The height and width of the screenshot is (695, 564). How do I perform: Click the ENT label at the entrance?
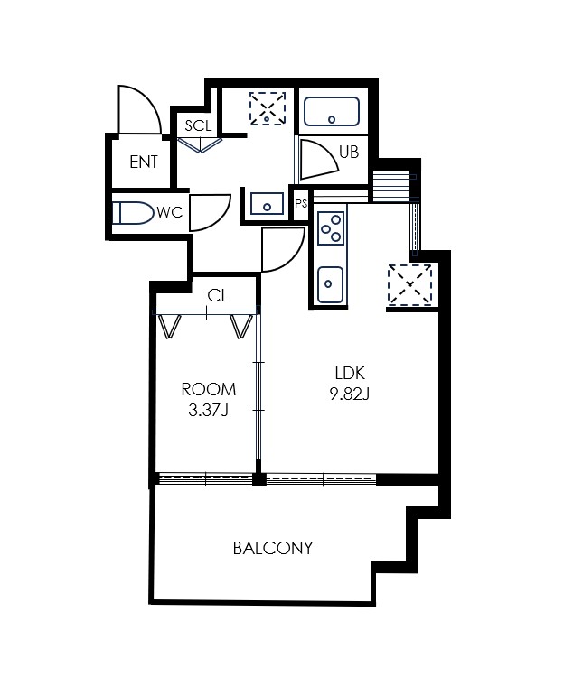pos(144,162)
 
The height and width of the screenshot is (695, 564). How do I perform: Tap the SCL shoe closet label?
pos(198,125)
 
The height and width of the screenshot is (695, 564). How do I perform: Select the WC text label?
pos(170,213)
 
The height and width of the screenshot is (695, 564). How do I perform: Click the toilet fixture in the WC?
pos(132,213)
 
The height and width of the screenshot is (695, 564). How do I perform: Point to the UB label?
pos(349,152)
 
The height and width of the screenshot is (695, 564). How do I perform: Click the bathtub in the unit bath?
pos(332,111)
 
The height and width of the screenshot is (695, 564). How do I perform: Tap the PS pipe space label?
pos(301,204)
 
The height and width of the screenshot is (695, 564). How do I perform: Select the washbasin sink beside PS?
pos(267,204)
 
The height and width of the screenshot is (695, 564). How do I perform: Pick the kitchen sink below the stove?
pos(331,284)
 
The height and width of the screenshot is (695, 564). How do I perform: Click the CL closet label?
pos(218,296)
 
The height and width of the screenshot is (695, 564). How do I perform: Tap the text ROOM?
pos(209,389)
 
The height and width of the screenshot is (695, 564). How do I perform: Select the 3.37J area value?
pos(208,411)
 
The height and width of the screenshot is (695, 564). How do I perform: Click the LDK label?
pos(350,373)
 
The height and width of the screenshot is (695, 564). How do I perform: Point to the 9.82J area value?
pos(350,394)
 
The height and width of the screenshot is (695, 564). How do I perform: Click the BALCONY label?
pos(273,548)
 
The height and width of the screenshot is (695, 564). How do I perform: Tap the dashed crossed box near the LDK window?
pos(409,284)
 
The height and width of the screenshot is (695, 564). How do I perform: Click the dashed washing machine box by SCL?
pos(268,108)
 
